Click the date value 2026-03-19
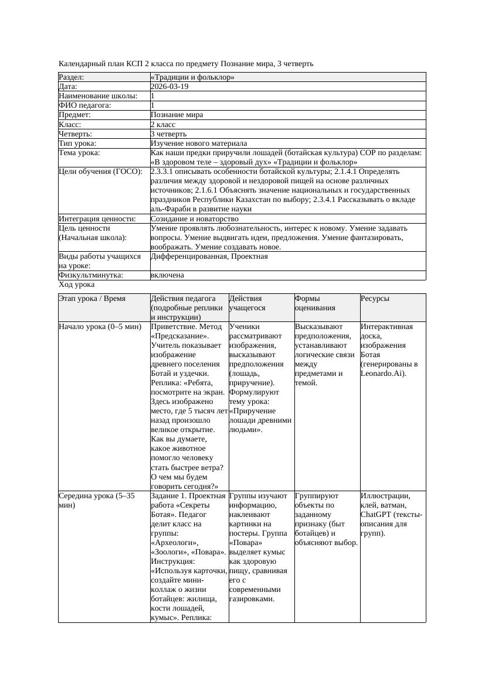pyautogui.click(x=169, y=86)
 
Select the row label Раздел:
pyautogui.click(x=72, y=77)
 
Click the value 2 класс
pyautogui.click(x=167, y=124)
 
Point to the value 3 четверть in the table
pyautogui.click(x=172, y=133)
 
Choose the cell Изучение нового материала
pyautogui.click(x=199, y=143)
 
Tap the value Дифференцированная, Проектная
pyautogui.click(x=209, y=256)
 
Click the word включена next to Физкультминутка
pyautogui.click(x=167, y=275)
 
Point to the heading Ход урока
pyautogui.click(x=77, y=285)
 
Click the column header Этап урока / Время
pyautogui.click(x=92, y=299)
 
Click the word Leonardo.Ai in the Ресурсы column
pyautogui.click(x=381, y=373)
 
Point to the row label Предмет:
pyautogui.click(x=74, y=115)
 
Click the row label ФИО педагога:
pyautogui.click(x=85, y=105)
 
